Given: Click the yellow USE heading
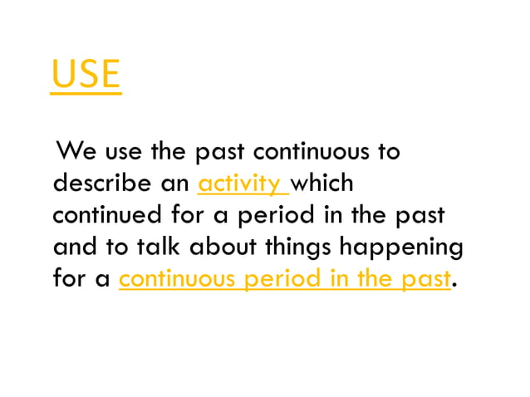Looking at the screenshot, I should [86, 74].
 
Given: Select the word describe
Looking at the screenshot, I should [98, 184].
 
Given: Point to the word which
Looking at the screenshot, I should [324, 184].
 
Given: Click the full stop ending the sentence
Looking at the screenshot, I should [454, 284].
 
